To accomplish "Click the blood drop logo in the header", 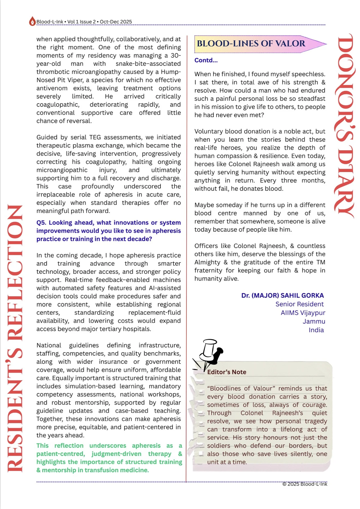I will pos(32,21).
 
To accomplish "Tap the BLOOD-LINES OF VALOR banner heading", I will pos(251,44).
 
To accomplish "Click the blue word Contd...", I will pos(206,60).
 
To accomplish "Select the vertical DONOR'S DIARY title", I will pos(346,126).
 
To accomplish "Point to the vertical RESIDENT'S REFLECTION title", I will pos(15,338).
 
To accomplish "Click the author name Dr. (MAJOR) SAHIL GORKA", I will pos(282,295).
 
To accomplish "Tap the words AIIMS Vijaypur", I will pos(303,313).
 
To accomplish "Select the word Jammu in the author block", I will pos(314,321).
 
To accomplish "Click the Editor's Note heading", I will pos(226,372).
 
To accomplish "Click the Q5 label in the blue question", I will pos(41,223).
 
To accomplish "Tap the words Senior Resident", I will pos(299,304).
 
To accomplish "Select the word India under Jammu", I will pos(316,330).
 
